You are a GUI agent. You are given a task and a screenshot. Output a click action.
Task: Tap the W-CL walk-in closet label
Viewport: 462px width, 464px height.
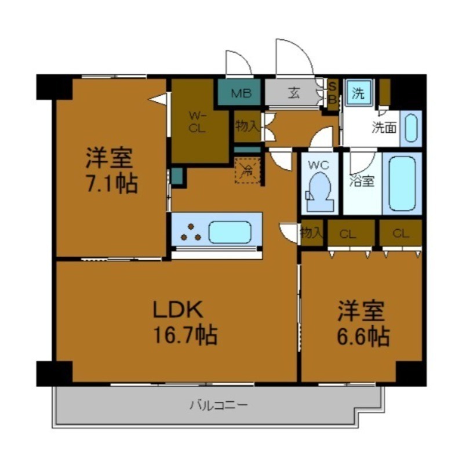coord(197,122)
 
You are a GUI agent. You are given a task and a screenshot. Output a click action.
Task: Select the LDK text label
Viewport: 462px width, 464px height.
coord(177,310)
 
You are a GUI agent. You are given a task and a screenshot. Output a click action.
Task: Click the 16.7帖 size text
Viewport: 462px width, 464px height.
coord(185,335)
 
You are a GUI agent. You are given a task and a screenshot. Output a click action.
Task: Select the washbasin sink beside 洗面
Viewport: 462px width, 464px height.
coord(410,128)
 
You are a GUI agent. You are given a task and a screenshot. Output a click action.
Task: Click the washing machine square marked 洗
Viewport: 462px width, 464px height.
coord(359,93)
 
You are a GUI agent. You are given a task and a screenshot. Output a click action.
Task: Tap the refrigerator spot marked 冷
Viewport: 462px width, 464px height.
coord(248,171)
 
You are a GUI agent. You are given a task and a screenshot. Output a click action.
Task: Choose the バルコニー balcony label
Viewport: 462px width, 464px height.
coord(218,405)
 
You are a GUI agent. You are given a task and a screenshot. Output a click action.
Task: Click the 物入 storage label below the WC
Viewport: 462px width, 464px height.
coord(311,233)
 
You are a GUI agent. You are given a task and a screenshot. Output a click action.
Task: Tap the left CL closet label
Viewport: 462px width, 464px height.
coord(347,234)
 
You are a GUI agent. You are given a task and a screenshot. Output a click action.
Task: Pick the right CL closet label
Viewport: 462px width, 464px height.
coord(400,234)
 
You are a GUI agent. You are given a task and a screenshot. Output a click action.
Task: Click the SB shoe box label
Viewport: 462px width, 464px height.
coord(332,93)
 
